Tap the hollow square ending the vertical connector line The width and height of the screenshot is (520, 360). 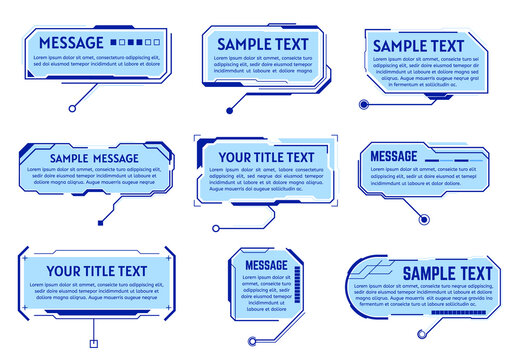[x=93, y=345]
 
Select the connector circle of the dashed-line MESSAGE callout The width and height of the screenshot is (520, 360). [x=424, y=217]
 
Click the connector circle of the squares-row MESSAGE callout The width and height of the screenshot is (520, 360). [x=72, y=107]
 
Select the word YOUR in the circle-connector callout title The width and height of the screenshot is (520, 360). [x=236, y=157]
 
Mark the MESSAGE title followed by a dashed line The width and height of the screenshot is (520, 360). [x=394, y=156]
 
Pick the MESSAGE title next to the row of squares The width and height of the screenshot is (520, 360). [x=70, y=43]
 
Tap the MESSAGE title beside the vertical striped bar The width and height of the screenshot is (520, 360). [x=265, y=264]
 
